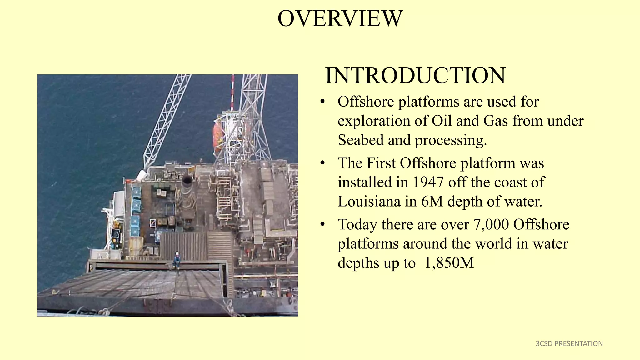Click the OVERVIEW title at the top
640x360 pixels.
click(x=340, y=19)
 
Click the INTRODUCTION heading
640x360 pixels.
click(x=415, y=76)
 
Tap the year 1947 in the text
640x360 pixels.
click(x=428, y=182)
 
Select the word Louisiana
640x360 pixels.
click(x=369, y=202)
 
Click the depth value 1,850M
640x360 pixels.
click(x=449, y=263)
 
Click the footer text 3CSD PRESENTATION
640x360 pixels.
click(x=569, y=344)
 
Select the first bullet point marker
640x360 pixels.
click(x=323, y=102)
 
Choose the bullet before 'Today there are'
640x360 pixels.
click(x=323, y=225)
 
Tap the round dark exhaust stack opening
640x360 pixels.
click(x=187, y=180)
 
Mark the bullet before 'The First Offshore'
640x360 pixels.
click(x=323, y=163)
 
